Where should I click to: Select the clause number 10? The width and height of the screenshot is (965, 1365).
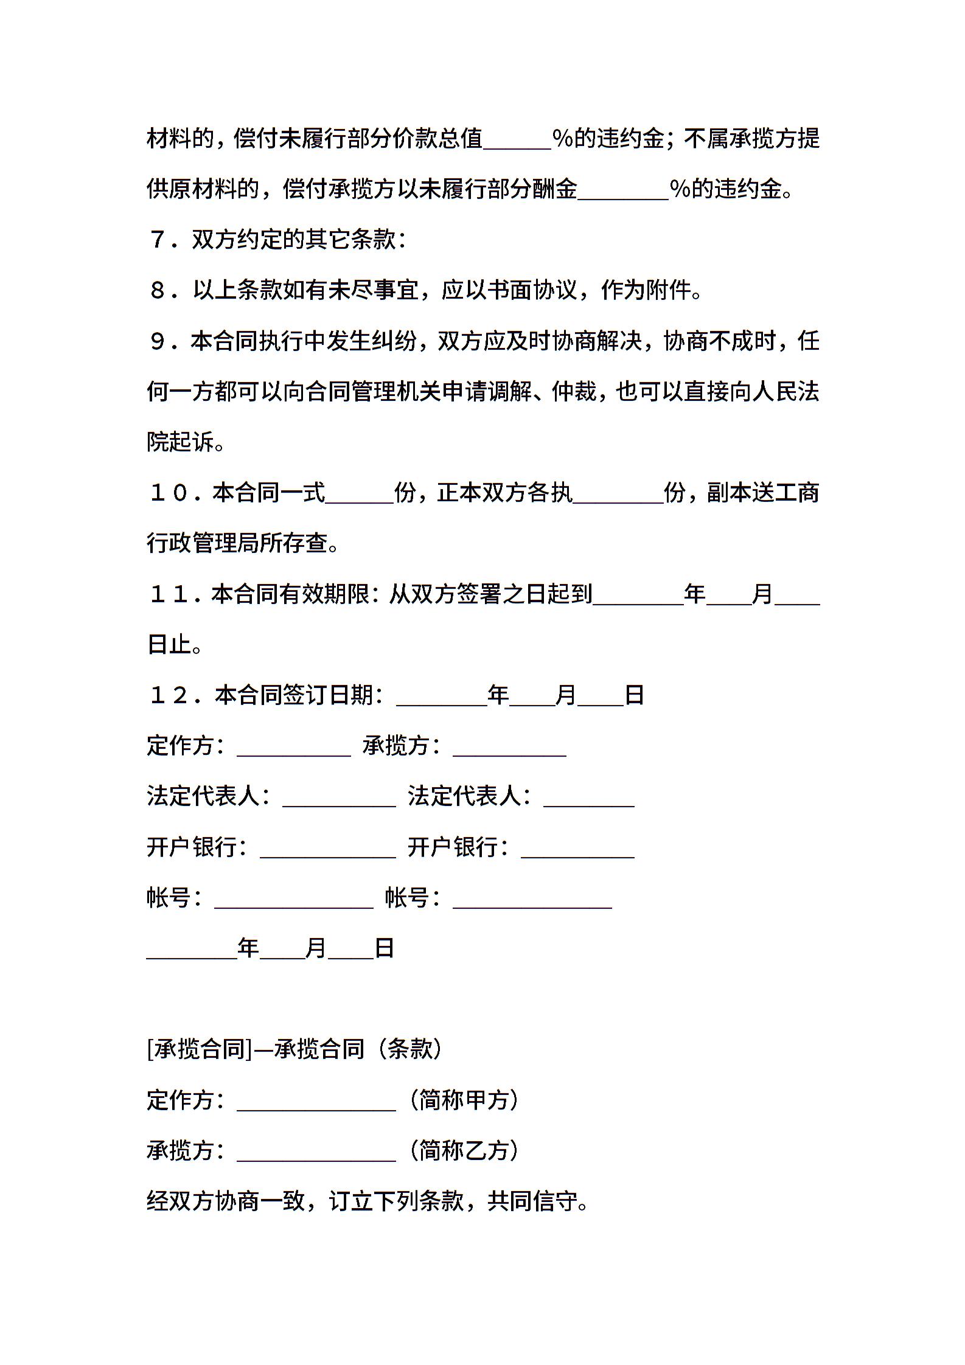click(x=169, y=493)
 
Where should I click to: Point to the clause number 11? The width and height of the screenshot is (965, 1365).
click(x=169, y=594)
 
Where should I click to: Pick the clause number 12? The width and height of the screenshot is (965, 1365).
click(x=169, y=695)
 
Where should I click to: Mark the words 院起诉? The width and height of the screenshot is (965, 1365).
click(x=181, y=442)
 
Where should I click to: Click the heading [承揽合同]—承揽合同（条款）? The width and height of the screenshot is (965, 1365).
click(x=295, y=1048)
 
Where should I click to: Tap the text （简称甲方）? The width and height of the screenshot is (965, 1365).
click(x=464, y=1099)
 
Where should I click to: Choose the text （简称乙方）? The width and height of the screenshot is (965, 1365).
click(x=464, y=1150)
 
